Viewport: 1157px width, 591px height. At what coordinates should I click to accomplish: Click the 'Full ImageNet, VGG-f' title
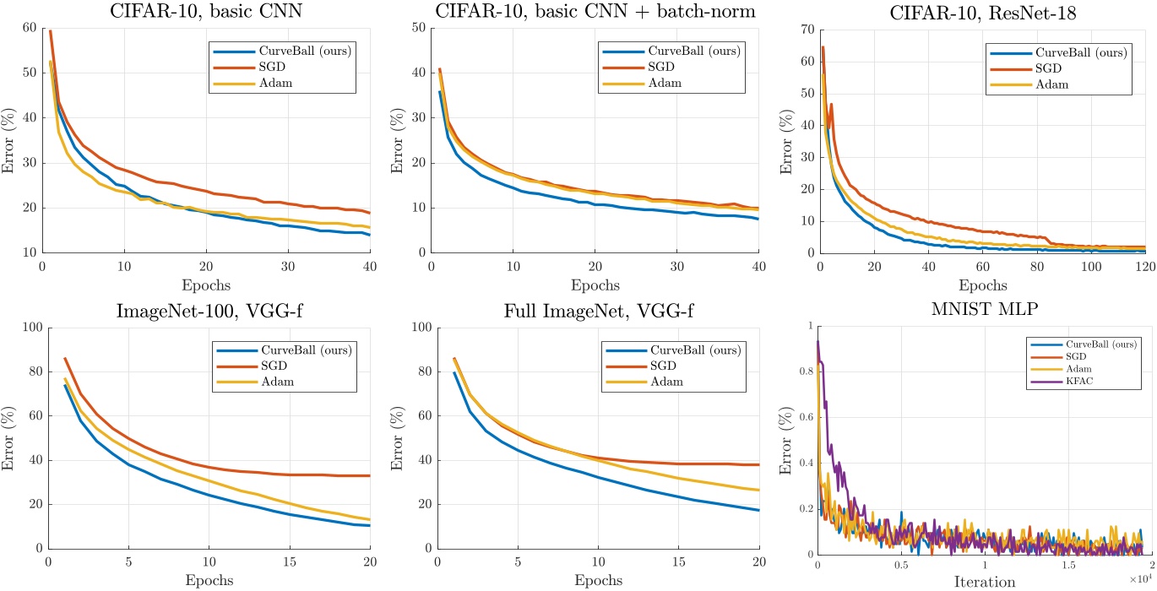[597, 308]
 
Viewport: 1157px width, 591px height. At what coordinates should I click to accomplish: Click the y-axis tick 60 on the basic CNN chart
[29, 28]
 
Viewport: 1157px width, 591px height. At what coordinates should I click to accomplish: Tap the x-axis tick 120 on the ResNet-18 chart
[1147, 265]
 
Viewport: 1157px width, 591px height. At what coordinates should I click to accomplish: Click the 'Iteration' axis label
[984, 581]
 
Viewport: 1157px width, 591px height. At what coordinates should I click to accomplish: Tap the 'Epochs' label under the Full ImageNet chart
[597, 581]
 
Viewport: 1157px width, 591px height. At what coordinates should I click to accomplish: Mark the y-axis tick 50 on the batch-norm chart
[418, 28]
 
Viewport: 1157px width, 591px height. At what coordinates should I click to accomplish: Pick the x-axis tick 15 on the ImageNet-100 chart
[291, 562]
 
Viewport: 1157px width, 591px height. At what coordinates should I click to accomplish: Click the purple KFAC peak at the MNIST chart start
[818, 342]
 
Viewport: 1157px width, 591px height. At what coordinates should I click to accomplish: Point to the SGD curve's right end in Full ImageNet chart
[758, 464]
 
